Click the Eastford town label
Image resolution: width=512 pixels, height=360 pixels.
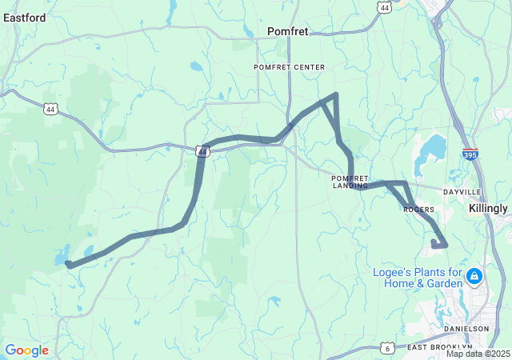(23, 17)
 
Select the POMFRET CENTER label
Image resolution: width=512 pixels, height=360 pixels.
(278, 66)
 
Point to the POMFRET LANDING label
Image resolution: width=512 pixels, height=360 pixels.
(350, 182)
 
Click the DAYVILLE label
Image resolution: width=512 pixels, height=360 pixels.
(462, 193)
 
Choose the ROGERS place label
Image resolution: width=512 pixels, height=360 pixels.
(418, 210)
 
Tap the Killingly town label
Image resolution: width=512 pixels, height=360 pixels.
(488, 208)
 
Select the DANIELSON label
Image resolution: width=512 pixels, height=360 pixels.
(467, 329)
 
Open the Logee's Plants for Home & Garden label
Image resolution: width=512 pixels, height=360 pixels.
(418, 278)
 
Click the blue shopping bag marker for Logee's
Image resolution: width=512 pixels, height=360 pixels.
(474, 277)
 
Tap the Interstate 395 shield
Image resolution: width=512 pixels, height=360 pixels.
(470, 154)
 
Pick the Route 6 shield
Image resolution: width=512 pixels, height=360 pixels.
(387, 348)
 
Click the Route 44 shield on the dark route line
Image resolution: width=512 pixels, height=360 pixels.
(202, 150)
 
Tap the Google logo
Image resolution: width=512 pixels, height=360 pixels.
(26, 350)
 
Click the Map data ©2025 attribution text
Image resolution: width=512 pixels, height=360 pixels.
(478, 354)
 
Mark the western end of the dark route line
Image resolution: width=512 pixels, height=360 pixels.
(68, 263)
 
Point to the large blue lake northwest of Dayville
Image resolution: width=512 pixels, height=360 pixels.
(431, 148)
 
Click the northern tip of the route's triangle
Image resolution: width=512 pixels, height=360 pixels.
(335, 95)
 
